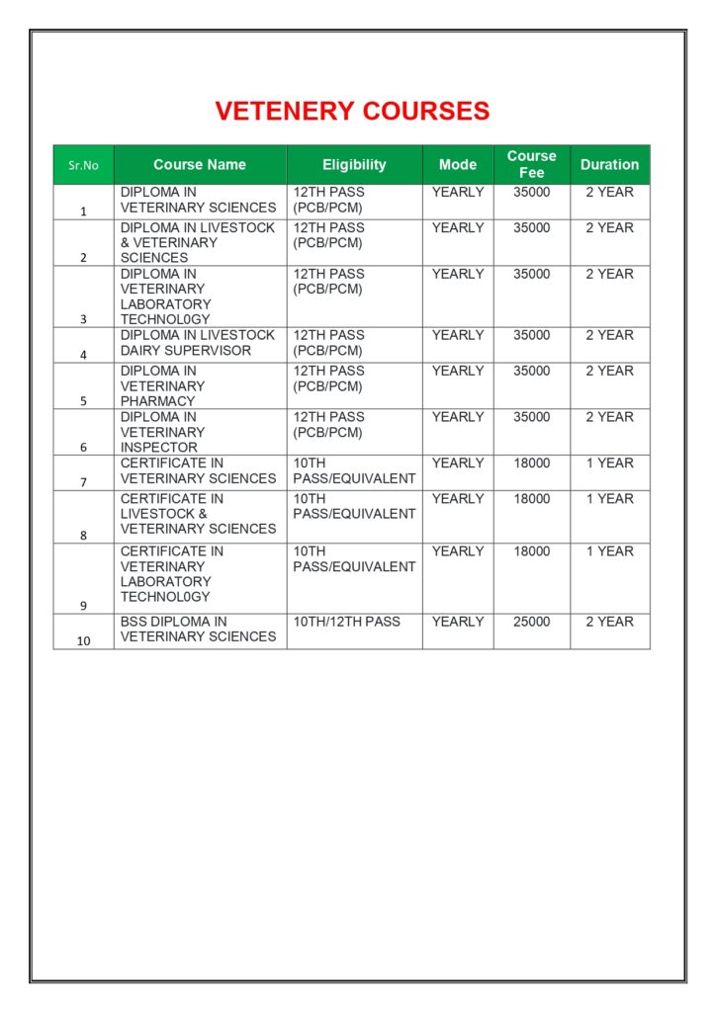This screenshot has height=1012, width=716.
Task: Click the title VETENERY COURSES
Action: pos(352,111)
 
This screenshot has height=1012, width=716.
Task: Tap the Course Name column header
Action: pos(200,165)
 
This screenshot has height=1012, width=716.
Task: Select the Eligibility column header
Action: pos(354,165)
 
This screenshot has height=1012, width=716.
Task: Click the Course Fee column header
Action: pos(532,164)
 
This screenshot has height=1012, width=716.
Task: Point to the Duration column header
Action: pos(609,165)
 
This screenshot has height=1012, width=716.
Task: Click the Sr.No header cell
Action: pos(84,165)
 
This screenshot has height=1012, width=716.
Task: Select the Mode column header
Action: pos(458,165)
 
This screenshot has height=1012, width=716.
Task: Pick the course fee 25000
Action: pos(532,622)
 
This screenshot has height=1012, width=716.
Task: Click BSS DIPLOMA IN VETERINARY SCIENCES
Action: pos(198,630)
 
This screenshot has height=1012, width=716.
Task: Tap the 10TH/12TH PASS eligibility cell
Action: pos(347,622)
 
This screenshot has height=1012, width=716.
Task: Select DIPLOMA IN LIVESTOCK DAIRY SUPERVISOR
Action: pos(198,343)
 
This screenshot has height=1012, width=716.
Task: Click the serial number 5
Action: pos(84,401)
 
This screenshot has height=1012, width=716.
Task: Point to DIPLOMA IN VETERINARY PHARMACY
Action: pos(163,385)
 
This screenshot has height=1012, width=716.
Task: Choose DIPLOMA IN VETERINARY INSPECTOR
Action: pos(163,432)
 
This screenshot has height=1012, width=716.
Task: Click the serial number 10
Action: pos(84,640)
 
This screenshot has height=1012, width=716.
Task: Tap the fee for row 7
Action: pos(532,463)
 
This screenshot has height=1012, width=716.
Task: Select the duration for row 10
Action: pos(609,622)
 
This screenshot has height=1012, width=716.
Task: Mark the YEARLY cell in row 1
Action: pos(458,192)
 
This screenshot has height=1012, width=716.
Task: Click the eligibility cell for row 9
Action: pos(354,558)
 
